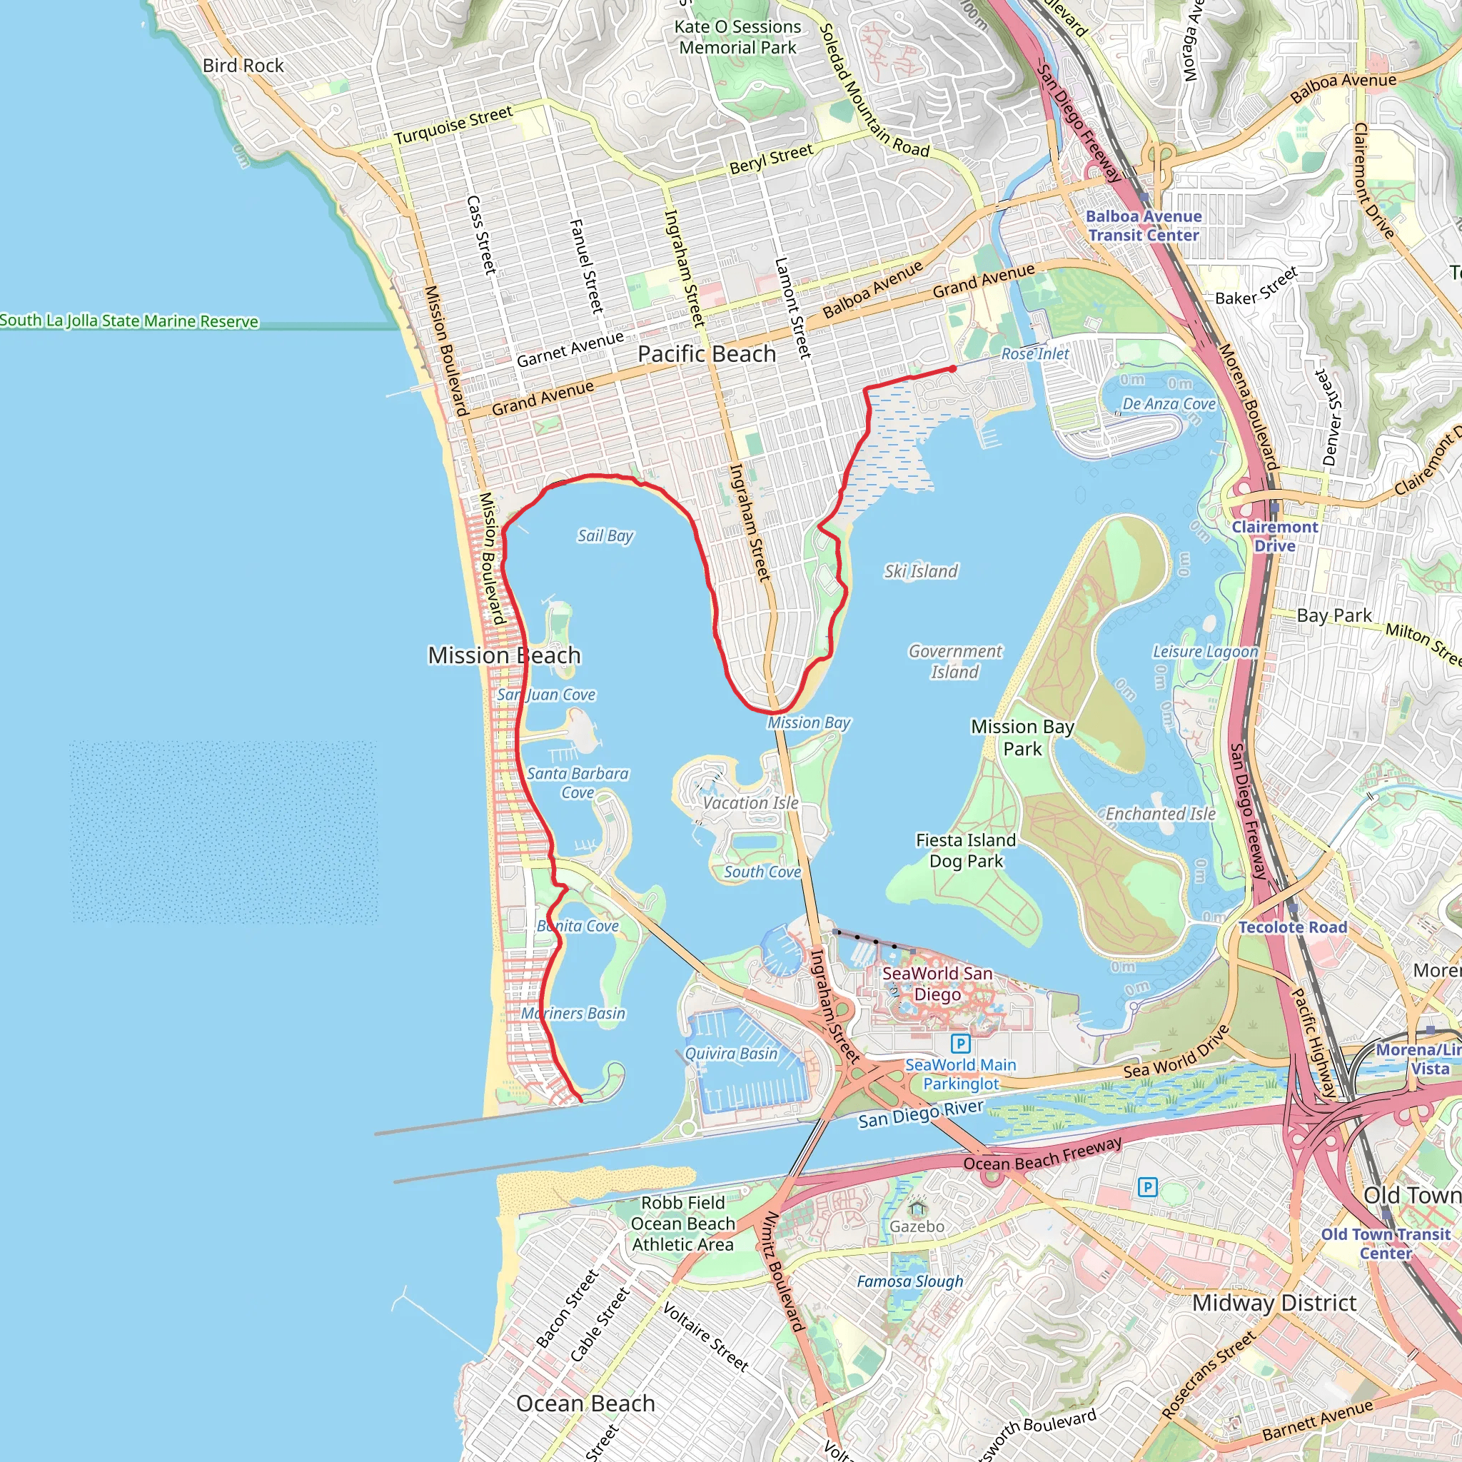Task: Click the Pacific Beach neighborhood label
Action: (706, 353)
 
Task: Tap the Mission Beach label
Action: (504, 655)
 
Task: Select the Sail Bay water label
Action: (605, 536)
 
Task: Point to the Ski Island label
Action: (920, 571)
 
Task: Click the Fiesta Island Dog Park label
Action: (966, 850)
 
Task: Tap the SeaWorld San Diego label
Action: (937, 984)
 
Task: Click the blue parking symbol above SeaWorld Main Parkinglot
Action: (960, 1044)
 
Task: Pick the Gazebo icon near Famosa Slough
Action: (917, 1208)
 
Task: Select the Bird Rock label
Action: (243, 66)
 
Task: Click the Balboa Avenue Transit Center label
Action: (1144, 226)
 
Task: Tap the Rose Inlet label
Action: (1034, 353)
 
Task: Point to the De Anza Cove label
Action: (1169, 404)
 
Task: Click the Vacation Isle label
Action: (751, 803)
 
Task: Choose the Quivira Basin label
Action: (731, 1054)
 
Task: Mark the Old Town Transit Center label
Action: (1386, 1244)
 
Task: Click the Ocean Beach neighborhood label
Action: (585, 1403)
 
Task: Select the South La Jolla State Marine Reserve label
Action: (128, 321)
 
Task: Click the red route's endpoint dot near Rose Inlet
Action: (953, 368)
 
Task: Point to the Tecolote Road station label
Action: (1293, 927)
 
